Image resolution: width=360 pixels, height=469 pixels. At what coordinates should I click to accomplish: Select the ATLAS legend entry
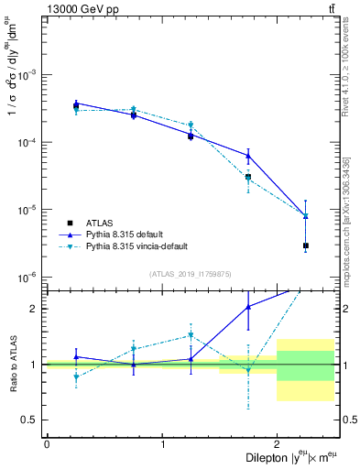point(100,222)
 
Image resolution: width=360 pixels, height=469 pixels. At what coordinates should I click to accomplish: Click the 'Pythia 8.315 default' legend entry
point(132,234)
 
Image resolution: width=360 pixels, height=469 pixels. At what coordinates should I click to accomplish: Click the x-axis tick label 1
point(162,443)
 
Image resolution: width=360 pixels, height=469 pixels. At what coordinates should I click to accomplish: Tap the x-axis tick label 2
point(277,443)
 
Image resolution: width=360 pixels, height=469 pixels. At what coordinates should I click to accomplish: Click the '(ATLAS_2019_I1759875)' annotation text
point(191,274)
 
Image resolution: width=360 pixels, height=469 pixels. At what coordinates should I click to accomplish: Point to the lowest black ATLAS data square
point(306,245)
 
